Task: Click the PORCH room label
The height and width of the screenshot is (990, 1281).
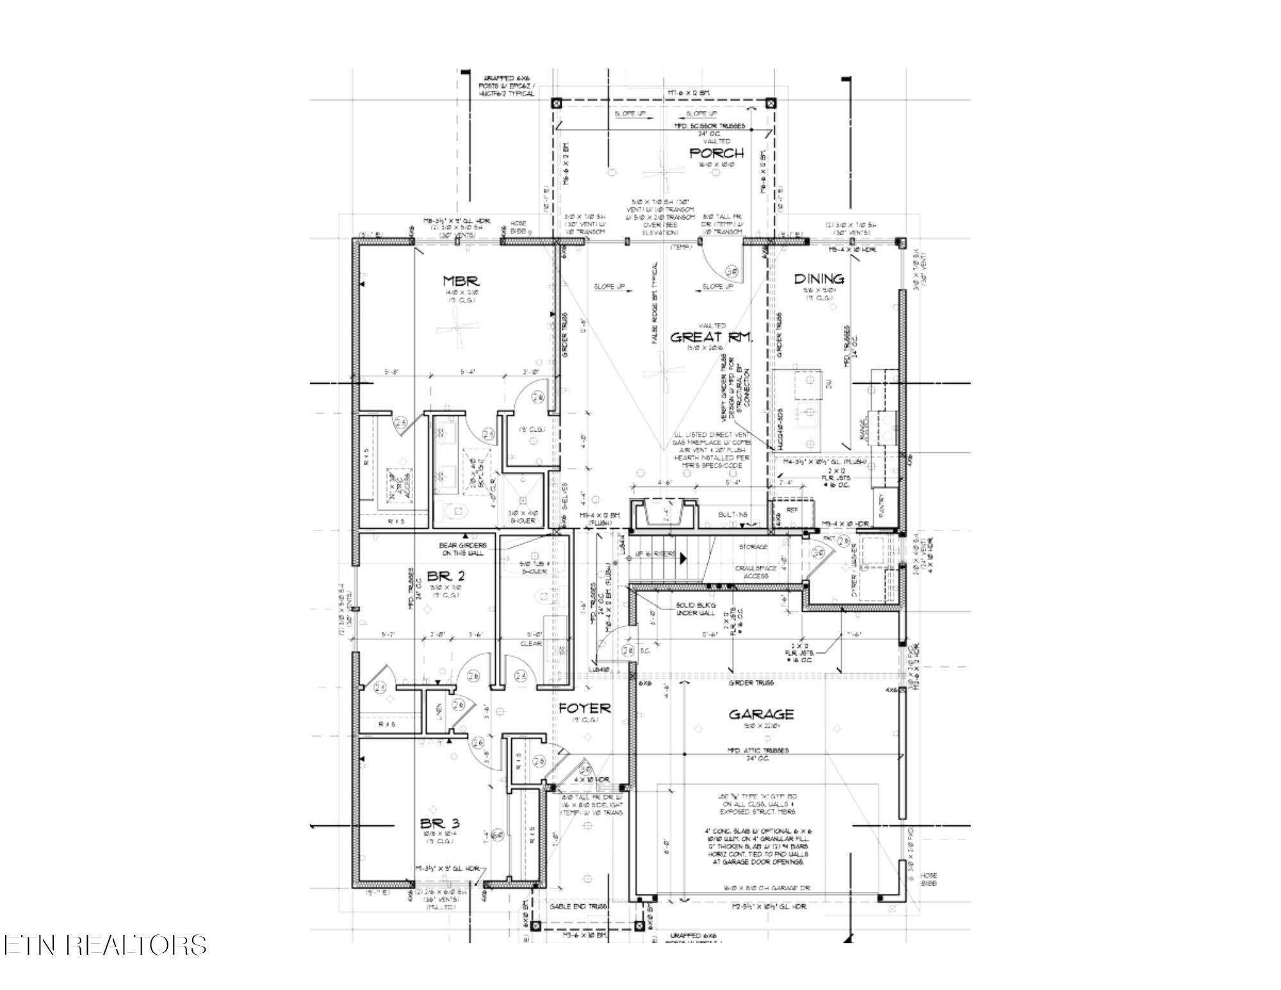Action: pos(716,153)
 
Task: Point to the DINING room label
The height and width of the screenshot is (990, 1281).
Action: pos(819,279)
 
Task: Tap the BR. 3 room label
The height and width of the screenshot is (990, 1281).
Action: pos(440,823)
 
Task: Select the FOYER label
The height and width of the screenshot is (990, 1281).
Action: pos(584,709)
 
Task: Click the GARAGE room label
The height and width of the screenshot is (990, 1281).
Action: pos(761,714)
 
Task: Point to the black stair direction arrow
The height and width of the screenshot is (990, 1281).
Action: pos(683,558)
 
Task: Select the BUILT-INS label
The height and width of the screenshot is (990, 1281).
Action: pos(731,514)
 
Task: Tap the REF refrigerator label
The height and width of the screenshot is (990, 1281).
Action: pos(792,511)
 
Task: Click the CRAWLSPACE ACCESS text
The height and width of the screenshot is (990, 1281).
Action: pos(756,572)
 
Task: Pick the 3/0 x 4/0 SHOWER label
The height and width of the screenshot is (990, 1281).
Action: pos(523,517)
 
